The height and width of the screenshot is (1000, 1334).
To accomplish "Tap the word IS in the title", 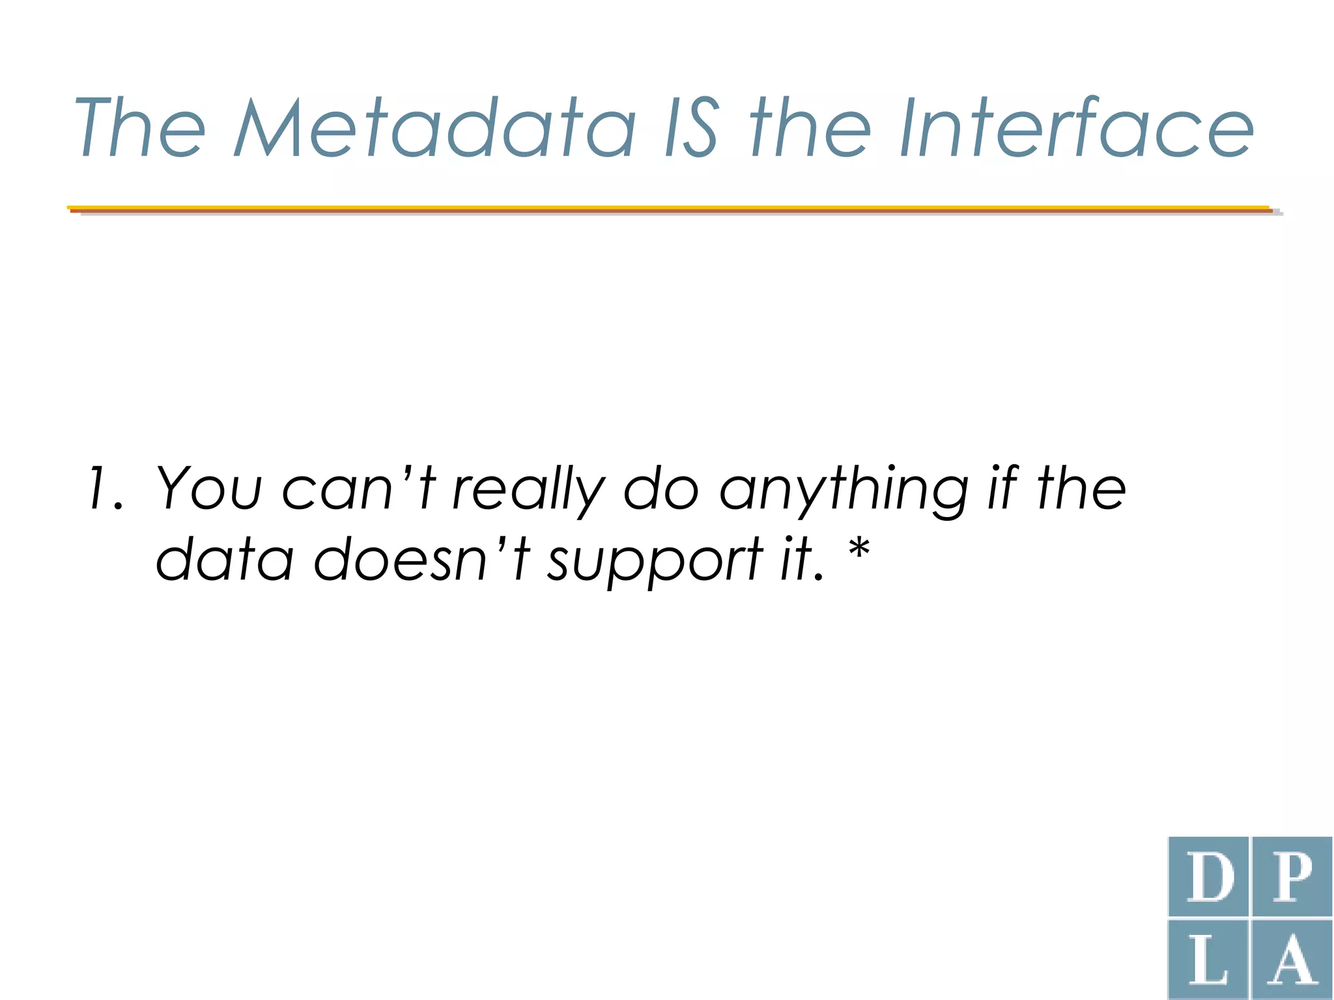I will pyautogui.click(x=692, y=128).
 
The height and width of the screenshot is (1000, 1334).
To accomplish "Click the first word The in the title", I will pyautogui.click(x=140, y=128).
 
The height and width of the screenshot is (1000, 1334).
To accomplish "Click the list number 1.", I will pyautogui.click(x=104, y=488).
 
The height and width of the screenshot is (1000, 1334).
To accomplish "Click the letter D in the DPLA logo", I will pyautogui.click(x=1210, y=878).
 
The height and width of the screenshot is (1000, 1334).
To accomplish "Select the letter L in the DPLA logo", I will pyautogui.click(x=1210, y=961).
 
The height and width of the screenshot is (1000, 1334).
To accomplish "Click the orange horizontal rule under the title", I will pyautogui.click(x=671, y=210).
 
